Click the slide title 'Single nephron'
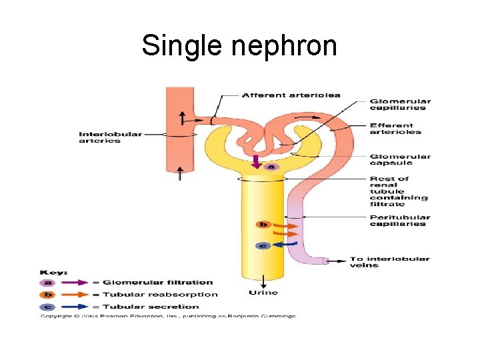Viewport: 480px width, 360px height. pyautogui.click(x=239, y=46)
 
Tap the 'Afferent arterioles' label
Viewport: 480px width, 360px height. pyautogui.click(x=291, y=95)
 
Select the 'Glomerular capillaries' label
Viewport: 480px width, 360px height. pyautogui.click(x=400, y=105)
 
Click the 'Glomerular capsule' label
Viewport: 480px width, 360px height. pyautogui.click(x=400, y=160)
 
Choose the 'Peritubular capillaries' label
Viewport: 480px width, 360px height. pyautogui.click(x=399, y=221)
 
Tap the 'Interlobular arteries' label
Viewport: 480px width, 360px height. pyautogui.click(x=111, y=137)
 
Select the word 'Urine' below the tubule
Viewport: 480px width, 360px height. pyautogui.click(x=263, y=293)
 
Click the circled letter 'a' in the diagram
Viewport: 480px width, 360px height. pyautogui.click(x=271, y=166)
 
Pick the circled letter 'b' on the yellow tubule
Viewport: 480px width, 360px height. pyautogui.click(x=263, y=225)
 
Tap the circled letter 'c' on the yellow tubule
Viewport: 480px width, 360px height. pyautogui.click(x=263, y=245)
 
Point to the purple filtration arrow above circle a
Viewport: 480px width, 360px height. pyautogui.click(x=257, y=161)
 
